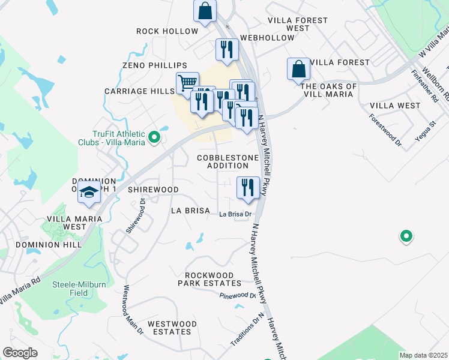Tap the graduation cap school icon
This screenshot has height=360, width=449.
coord(89,193)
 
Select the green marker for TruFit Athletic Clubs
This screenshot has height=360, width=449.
coord(154,138)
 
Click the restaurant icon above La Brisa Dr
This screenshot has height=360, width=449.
coord(248,188)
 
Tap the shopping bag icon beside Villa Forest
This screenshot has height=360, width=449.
coord(298,70)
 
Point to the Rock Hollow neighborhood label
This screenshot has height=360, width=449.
coord(167,31)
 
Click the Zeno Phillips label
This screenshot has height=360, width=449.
coord(154,65)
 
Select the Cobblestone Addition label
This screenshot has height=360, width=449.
coord(228,161)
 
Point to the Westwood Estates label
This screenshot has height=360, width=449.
coord(172,327)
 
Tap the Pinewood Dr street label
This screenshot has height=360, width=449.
coord(238,296)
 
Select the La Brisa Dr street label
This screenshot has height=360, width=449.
coord(234,214)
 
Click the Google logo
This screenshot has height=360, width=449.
coord(20,353)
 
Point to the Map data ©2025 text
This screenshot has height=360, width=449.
coord(423,355)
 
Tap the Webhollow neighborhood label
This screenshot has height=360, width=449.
coord(267,38)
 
